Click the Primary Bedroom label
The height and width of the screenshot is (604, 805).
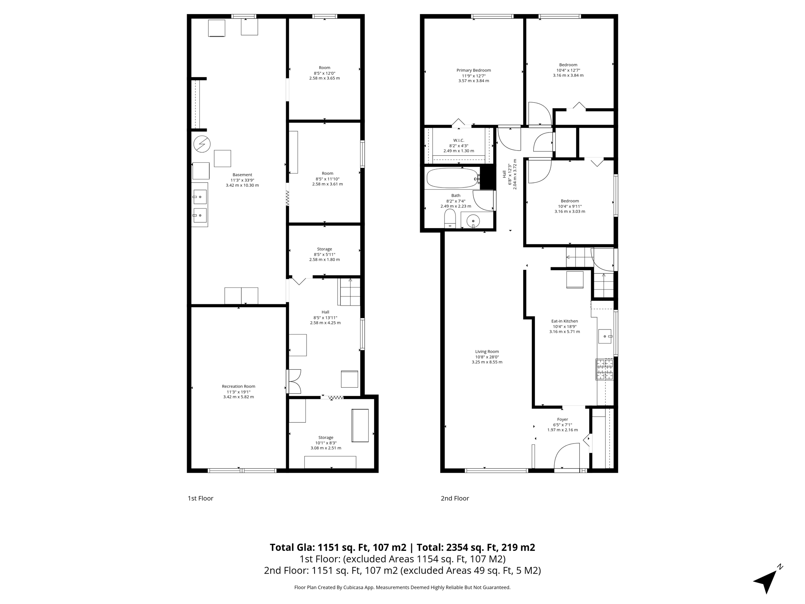473,70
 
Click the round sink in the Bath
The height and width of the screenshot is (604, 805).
473,221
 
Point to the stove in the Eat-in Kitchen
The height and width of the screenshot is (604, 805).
604,369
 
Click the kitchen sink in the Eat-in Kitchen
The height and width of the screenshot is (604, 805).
605,337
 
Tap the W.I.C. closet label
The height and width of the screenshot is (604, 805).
458,140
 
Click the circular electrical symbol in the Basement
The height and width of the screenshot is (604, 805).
202,144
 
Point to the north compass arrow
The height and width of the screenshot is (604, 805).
766,581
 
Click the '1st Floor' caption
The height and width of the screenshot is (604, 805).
200,498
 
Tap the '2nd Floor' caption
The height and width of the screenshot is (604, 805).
454,498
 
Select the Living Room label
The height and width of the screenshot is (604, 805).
487,352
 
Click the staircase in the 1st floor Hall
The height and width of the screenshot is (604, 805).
349,292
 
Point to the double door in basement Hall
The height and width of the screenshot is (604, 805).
294,381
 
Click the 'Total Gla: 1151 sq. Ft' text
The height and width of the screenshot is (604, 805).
338,547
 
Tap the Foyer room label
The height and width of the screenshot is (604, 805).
562,419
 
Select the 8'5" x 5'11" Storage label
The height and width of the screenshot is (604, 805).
324,249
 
